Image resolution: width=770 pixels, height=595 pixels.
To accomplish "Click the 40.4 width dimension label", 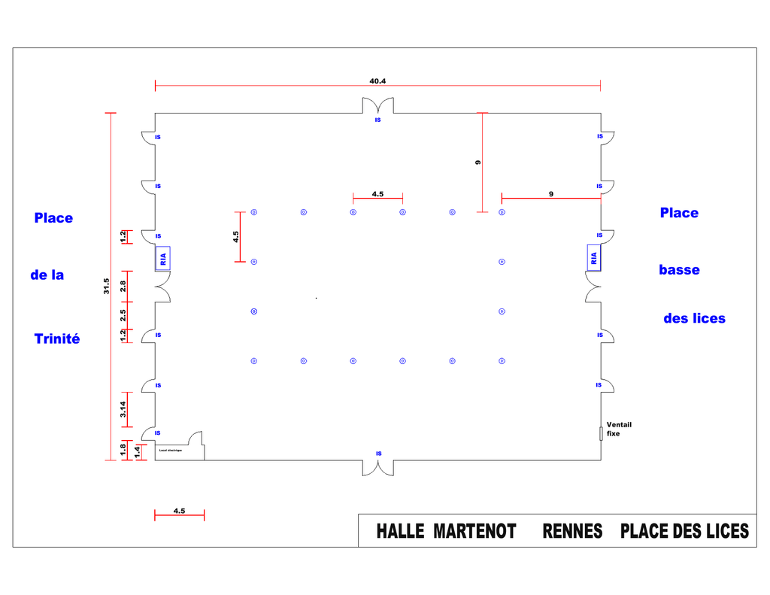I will pos(377,80).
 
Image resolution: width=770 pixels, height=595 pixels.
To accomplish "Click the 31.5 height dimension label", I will pos(106,287).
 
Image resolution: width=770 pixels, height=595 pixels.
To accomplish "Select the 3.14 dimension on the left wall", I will pos(123,408).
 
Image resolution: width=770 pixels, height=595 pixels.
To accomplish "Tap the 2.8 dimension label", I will pos(123,286).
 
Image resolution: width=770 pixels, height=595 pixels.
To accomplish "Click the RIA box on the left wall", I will pos(163,259).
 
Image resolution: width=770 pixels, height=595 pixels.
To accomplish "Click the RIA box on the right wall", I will pos(594,257).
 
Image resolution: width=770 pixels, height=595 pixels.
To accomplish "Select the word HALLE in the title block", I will pos(401,532).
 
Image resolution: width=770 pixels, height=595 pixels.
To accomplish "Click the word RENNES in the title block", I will pos(572,532).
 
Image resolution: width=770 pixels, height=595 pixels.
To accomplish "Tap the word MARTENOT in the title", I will pos(474,532).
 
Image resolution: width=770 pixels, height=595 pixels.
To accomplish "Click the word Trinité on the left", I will pos(57,339).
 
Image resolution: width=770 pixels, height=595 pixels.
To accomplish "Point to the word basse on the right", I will pos(679,270).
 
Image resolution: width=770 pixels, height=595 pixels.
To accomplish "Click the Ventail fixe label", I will pos(619,429).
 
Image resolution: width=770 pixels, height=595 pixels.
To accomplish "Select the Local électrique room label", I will pos(170,451).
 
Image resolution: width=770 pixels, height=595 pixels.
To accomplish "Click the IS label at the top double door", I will pos(378,120).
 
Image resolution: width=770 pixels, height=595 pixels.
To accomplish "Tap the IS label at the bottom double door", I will pos(379,454).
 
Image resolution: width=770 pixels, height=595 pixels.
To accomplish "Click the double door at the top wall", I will pos(378,105).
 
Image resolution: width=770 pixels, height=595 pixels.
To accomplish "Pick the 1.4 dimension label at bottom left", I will pos(137,451).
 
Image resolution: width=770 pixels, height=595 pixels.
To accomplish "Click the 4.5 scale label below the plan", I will pos(179,511).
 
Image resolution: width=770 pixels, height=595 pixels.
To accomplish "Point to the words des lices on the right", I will pos(694,319).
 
